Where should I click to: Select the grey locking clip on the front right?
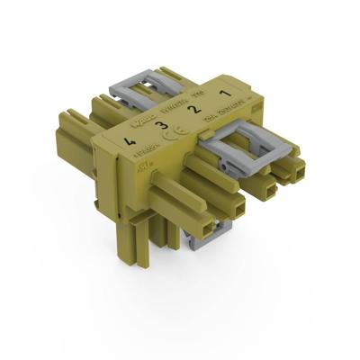pos(247,145)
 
